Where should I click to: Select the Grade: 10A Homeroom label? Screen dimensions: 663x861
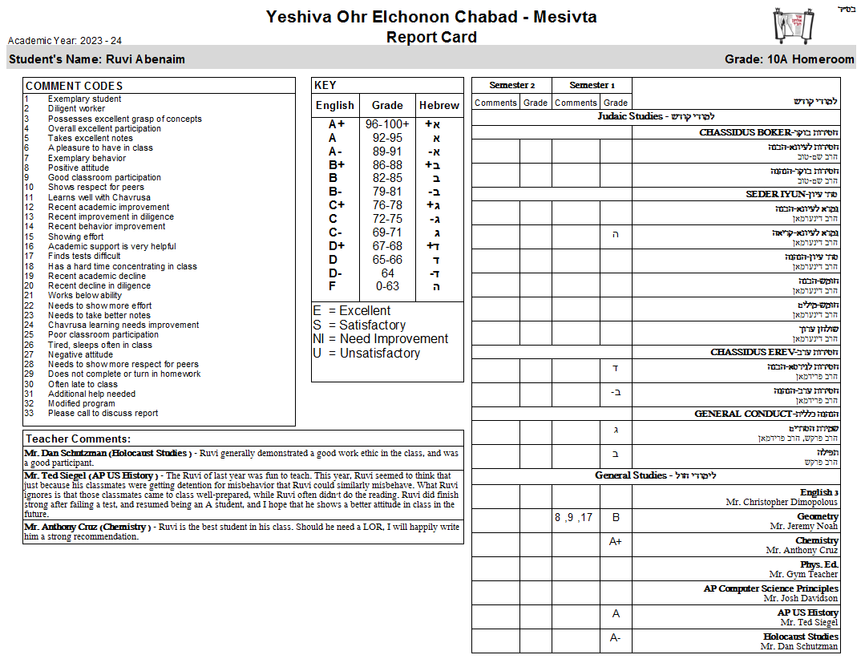[x=789, y=59]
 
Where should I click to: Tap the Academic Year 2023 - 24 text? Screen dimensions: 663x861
[x=65, y=41]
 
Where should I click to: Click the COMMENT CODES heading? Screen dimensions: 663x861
[x=74, y=86]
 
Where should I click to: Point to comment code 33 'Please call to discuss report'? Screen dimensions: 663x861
[x=103, y=414]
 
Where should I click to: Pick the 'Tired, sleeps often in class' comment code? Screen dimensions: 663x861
[x=99, y=345]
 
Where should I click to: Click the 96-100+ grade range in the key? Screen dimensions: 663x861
[x=387, y=124]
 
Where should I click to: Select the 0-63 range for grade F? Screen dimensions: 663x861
[x=387, y=286]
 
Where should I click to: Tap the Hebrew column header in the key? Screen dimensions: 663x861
[x=439, y=105]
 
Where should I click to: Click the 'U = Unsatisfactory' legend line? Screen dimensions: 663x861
[x=366, y=354]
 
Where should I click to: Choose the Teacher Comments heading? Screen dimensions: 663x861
[x=78, y=439]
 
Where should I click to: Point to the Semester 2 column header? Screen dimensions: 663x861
[x=511, y=85]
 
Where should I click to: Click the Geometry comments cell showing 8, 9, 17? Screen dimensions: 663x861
[x=573, y=518]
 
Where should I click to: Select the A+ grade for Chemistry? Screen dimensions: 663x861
[x=616, y=542]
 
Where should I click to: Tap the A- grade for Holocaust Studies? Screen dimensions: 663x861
[x=616, y=638]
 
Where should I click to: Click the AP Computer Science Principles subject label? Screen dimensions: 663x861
[x=770, y=588]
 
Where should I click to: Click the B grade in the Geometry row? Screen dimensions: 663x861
[x=616, y=518]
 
